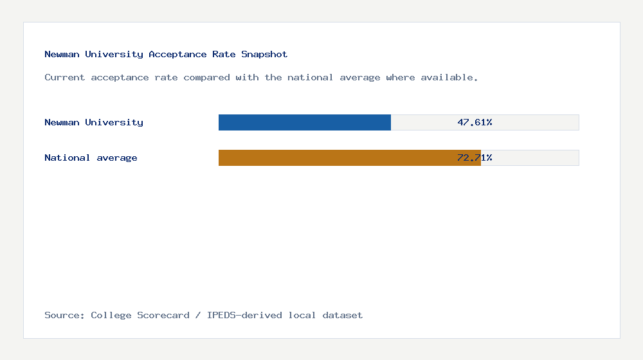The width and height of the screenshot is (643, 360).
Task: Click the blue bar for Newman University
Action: [x=305, y=122]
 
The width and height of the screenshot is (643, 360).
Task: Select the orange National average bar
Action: [x=350, y=157]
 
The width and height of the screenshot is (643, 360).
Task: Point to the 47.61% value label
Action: [x=475, y=122]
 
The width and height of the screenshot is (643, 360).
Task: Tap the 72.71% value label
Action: [x=475, y=157]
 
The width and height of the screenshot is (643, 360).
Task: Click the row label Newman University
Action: [x=94, y=122]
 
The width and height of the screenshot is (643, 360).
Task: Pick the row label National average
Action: [x=91, y=157]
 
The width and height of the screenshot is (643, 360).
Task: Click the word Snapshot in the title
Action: [x=264, y=55]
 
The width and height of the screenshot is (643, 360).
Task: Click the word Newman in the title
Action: [x=62, y=55]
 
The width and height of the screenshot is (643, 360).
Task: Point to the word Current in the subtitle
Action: [x=64, y=77]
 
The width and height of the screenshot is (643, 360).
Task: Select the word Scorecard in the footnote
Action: [x=163, y=315]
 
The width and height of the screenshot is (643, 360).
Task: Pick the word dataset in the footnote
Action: [x=343, y=315]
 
